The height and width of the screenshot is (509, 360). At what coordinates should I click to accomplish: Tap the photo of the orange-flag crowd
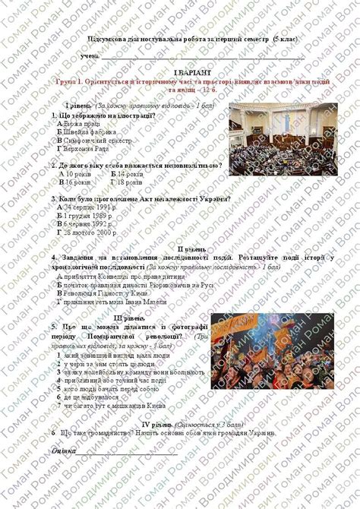click(273, 350)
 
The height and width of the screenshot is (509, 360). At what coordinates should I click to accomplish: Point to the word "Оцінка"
click(63, 451)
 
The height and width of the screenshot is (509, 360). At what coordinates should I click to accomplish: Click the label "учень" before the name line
click(90, 55)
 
